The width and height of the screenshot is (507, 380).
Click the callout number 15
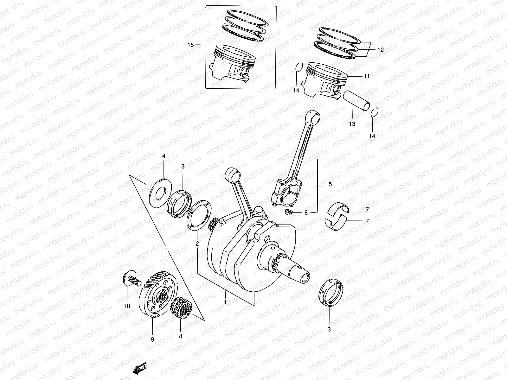coord(190,45)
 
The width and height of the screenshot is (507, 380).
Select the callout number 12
coord(380,50)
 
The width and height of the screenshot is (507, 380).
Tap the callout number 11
coord(367,76)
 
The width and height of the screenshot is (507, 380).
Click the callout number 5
coord(330,184)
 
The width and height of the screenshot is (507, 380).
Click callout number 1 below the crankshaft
coord(225,302)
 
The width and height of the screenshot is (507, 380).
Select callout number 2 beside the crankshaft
coord(197,244)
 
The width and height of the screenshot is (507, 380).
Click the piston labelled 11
coord(326,79)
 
